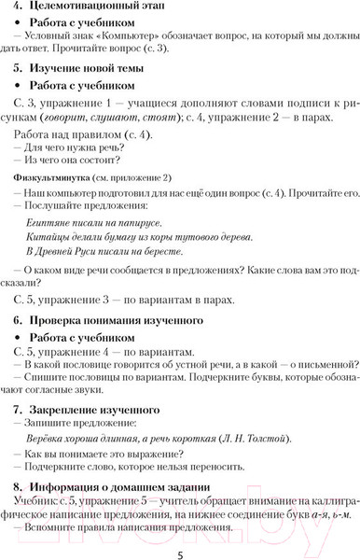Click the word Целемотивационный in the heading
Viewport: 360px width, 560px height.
[88, 9]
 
